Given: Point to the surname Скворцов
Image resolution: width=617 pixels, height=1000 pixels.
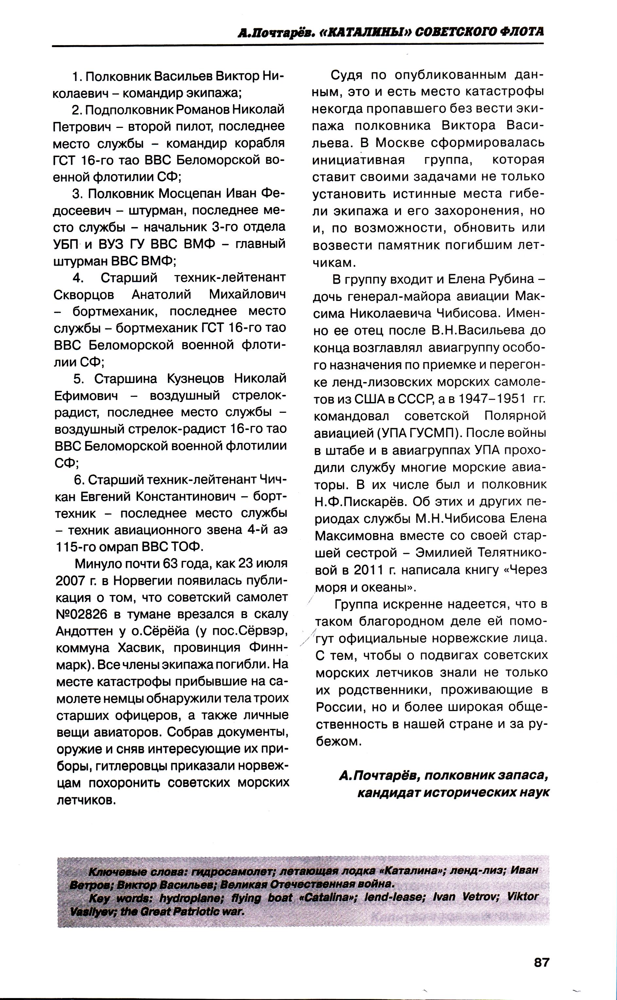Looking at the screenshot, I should [x=84, y=295].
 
